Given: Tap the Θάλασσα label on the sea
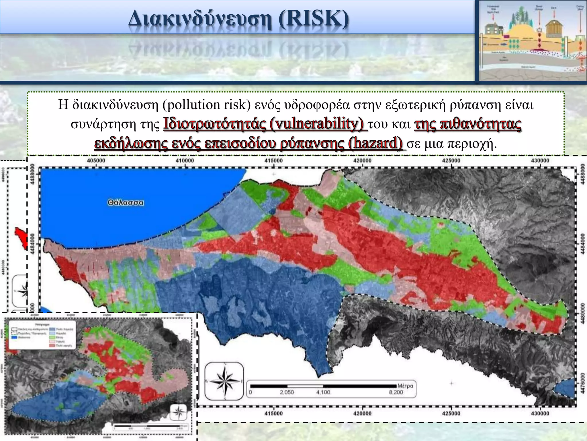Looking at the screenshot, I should coord(126,203).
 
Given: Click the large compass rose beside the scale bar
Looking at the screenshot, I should coord(224,381).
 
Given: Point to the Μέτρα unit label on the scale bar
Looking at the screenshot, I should coord(405,386).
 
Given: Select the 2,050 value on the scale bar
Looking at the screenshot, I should coord(287,392).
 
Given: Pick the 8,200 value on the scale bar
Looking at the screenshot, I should coord(396,392).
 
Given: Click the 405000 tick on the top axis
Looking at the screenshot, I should coord(96,160).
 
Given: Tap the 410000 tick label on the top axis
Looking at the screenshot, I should coord(185,160).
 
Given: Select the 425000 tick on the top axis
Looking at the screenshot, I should coord(451,160).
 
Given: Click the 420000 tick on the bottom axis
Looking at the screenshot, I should coord(362,413).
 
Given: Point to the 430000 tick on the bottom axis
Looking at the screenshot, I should coord(540,413).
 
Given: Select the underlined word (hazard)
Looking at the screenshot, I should coord(375,143).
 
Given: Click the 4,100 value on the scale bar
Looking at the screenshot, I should coord(323,392).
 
